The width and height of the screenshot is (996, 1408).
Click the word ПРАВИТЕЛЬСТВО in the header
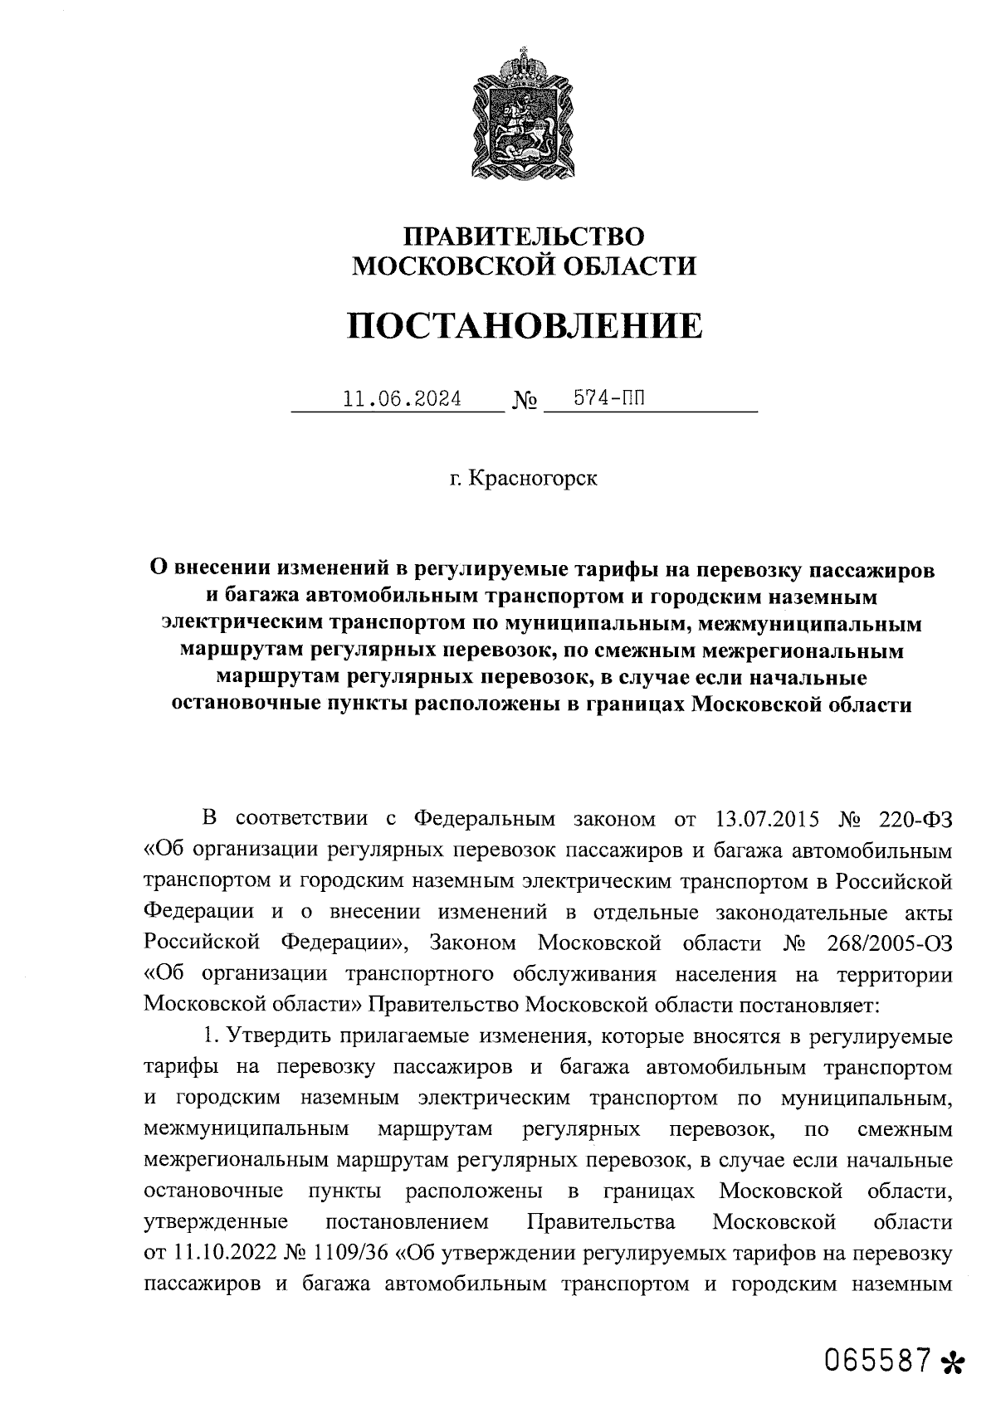[524, 236]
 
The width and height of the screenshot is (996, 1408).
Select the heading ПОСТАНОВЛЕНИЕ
[524, 326]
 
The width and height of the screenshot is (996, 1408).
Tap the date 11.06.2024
[403, 399]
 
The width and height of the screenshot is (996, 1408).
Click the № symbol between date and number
[525, 402]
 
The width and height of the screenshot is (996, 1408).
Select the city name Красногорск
[532, 479]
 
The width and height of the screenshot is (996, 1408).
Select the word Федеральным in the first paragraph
[484, 819]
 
